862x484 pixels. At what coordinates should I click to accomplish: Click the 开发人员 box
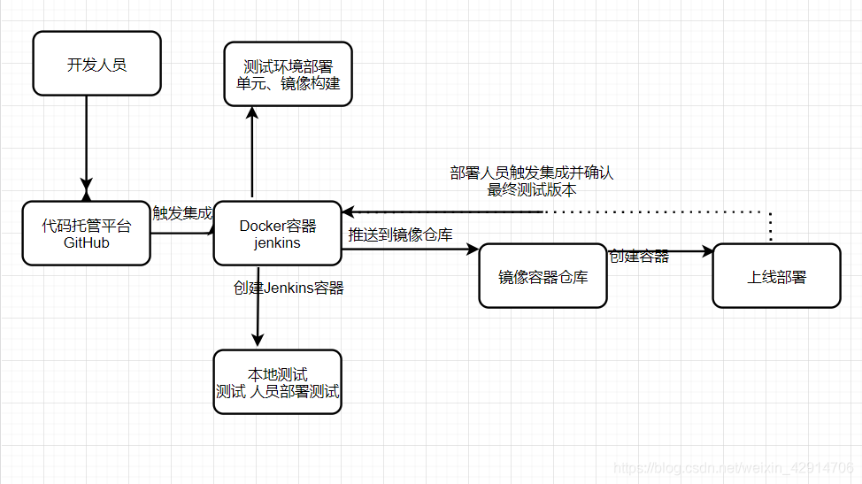[x=96, y=64]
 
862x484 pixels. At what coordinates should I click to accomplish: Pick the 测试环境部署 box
[x=288, y=74]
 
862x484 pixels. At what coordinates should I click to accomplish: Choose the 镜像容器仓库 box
[x=543, y=277]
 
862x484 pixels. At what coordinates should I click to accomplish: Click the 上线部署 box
[x=776, y=276]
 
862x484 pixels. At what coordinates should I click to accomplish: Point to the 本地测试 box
[x=277, y=382]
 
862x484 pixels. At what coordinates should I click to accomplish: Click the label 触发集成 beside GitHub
[x=182, y=213]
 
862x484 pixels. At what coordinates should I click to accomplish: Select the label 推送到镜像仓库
[x=400, y=235]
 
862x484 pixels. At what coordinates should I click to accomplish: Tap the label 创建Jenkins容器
[x=289, y=288]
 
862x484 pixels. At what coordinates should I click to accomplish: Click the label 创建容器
[x=639, y=257]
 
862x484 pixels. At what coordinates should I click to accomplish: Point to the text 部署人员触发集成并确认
[x=531, y=173]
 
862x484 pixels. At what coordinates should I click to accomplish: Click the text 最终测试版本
[x=531, y=189]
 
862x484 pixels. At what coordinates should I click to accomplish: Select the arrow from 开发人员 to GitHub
[x=87, y=142]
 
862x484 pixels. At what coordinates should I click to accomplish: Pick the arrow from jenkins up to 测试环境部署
[x=252, y=150]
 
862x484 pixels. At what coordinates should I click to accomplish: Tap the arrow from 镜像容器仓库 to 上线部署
[x=659, y=251]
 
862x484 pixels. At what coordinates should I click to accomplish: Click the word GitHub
[x=86, y=242]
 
